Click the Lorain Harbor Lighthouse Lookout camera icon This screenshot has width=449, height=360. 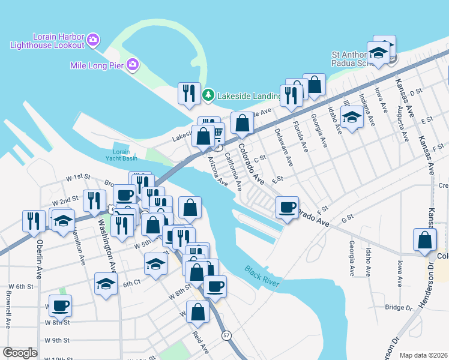93,40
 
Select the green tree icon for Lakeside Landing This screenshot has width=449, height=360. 208,95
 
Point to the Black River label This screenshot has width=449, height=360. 262,277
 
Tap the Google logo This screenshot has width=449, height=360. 20,353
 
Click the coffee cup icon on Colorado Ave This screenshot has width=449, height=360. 286,208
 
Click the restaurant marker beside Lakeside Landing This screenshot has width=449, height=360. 189,93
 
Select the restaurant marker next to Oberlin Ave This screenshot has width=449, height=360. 33,220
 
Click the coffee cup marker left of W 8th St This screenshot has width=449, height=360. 60,305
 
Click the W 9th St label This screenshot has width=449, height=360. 57,340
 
